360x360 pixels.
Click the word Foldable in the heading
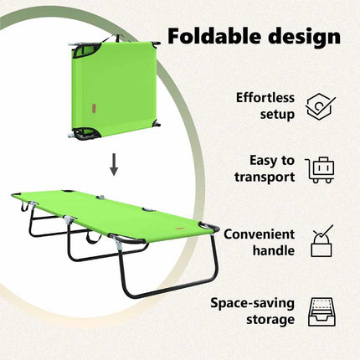pyautogui.click(x=213, y=36)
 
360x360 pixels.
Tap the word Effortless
pyautogui.click(x=265, y=98)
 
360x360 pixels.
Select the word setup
pyautogui.click(x=277, y=115)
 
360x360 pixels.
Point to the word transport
pyautogui.click(x=265, y=177)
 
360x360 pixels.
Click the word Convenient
pyautogui.click(x=259, y=234)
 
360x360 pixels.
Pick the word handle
pyautogui.click(x=274, y=250)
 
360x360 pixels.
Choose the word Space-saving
pyautogui.click(x=253, y=303)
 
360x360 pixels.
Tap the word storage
pyautogui.click(x=270, y=320)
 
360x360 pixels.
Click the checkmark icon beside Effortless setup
pyautogui.click(x=321, y=107)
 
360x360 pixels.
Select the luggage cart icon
pyautogui.click(x=320, y=170)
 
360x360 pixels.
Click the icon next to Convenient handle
pyautogui.click(x=321, y=241)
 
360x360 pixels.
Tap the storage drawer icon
pyautogui.click(x=322, y=312)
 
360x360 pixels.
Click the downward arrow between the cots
pyautogui.click(x=114, y=165)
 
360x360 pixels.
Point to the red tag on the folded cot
pyautogui.click(x=93, y=109)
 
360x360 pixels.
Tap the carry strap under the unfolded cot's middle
pyautogui.click(x=94, y=237)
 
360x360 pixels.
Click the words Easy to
pyautogui.click(x=272, y=161)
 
